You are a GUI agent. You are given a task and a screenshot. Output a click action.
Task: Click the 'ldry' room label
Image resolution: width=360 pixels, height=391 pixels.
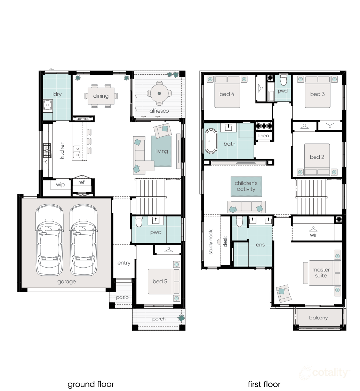(x=57, y=94)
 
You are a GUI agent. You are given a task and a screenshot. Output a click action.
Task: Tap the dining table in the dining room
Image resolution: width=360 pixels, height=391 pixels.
(x=101, y=96)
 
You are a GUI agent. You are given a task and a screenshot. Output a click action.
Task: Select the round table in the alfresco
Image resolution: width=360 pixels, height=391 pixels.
(x=159, y=93)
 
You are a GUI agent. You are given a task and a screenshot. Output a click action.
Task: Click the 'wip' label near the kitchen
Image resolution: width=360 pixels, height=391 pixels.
(x=60, y=185)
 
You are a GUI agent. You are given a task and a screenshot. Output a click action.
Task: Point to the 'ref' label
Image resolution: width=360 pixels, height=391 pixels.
(x=81, y=182)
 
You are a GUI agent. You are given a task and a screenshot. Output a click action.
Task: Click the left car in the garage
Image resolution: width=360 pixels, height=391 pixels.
(x=49, y=240)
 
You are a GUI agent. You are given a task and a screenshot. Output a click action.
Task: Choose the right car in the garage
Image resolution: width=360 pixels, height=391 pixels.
(x=83, y=240)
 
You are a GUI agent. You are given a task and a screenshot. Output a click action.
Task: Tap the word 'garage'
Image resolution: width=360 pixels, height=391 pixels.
(x=66, y=282)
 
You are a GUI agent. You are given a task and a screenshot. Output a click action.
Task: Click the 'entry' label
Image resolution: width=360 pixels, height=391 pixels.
(x=124, y=263)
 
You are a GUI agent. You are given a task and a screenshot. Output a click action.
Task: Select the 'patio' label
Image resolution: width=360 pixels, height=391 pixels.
(x=122, y=298)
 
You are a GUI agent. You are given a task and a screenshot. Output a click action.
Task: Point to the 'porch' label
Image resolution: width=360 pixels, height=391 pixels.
(x=159, y=319)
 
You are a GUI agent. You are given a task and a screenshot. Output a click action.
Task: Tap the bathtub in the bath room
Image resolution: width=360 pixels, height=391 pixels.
(x=210, y=142)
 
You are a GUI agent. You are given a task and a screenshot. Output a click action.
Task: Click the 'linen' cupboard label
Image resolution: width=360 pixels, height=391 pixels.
(x=263, y=136)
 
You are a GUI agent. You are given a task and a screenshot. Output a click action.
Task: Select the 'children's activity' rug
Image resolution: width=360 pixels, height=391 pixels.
(x=246, y=186)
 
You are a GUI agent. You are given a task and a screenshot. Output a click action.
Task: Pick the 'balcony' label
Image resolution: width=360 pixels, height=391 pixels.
(x=318, y=318)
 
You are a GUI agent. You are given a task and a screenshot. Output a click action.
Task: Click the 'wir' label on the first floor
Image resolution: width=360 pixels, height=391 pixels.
(x=313, y=235)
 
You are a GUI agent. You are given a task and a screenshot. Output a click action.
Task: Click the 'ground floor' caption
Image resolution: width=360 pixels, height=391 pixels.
(x=91, y=384)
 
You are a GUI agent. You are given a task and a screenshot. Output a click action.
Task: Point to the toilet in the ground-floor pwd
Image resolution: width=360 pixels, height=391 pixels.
(x=139, y=221)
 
